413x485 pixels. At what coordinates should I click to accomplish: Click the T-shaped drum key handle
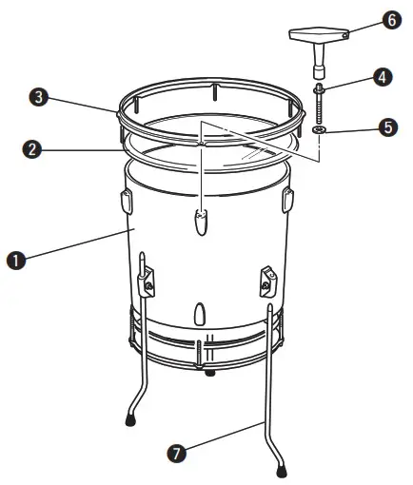click(x=318, y=35)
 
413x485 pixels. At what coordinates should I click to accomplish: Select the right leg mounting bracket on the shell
click(x=266, y=280)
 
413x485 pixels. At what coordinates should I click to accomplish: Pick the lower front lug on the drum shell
click(x=198, y=314)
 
